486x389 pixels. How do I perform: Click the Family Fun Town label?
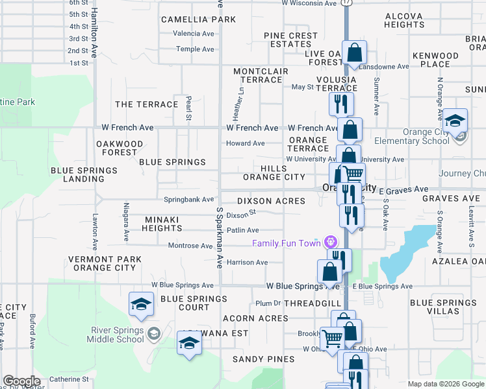tap(287, 243)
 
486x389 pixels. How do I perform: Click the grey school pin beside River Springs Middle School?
tap(153, 334)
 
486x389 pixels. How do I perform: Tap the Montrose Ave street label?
tap(191, 246)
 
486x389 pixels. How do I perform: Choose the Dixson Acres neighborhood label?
tap(271, 202)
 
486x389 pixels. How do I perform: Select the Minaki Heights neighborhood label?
tap(162, 224)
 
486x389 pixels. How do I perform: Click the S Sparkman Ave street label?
tap(220, 239)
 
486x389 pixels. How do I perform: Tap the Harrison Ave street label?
tap(248, 263)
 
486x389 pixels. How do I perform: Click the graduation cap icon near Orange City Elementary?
tap(455, 120)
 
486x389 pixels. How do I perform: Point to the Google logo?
tap(21, 381)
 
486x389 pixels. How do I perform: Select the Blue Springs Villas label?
tap(443, 307)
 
